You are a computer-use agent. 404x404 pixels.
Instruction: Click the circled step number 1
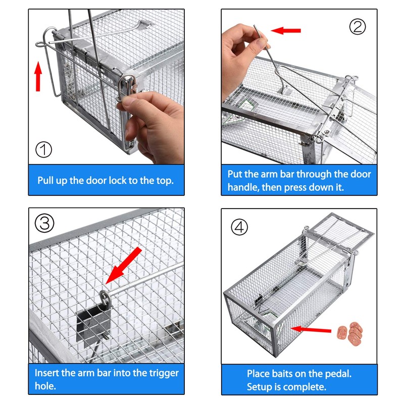point(44,149)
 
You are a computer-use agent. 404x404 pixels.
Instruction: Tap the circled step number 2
point(358,26)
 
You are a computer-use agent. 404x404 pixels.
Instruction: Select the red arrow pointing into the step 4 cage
point(310,330)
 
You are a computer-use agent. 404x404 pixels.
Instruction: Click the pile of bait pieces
point(350,332)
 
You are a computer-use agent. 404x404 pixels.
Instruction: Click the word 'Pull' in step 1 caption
point(47,180)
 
